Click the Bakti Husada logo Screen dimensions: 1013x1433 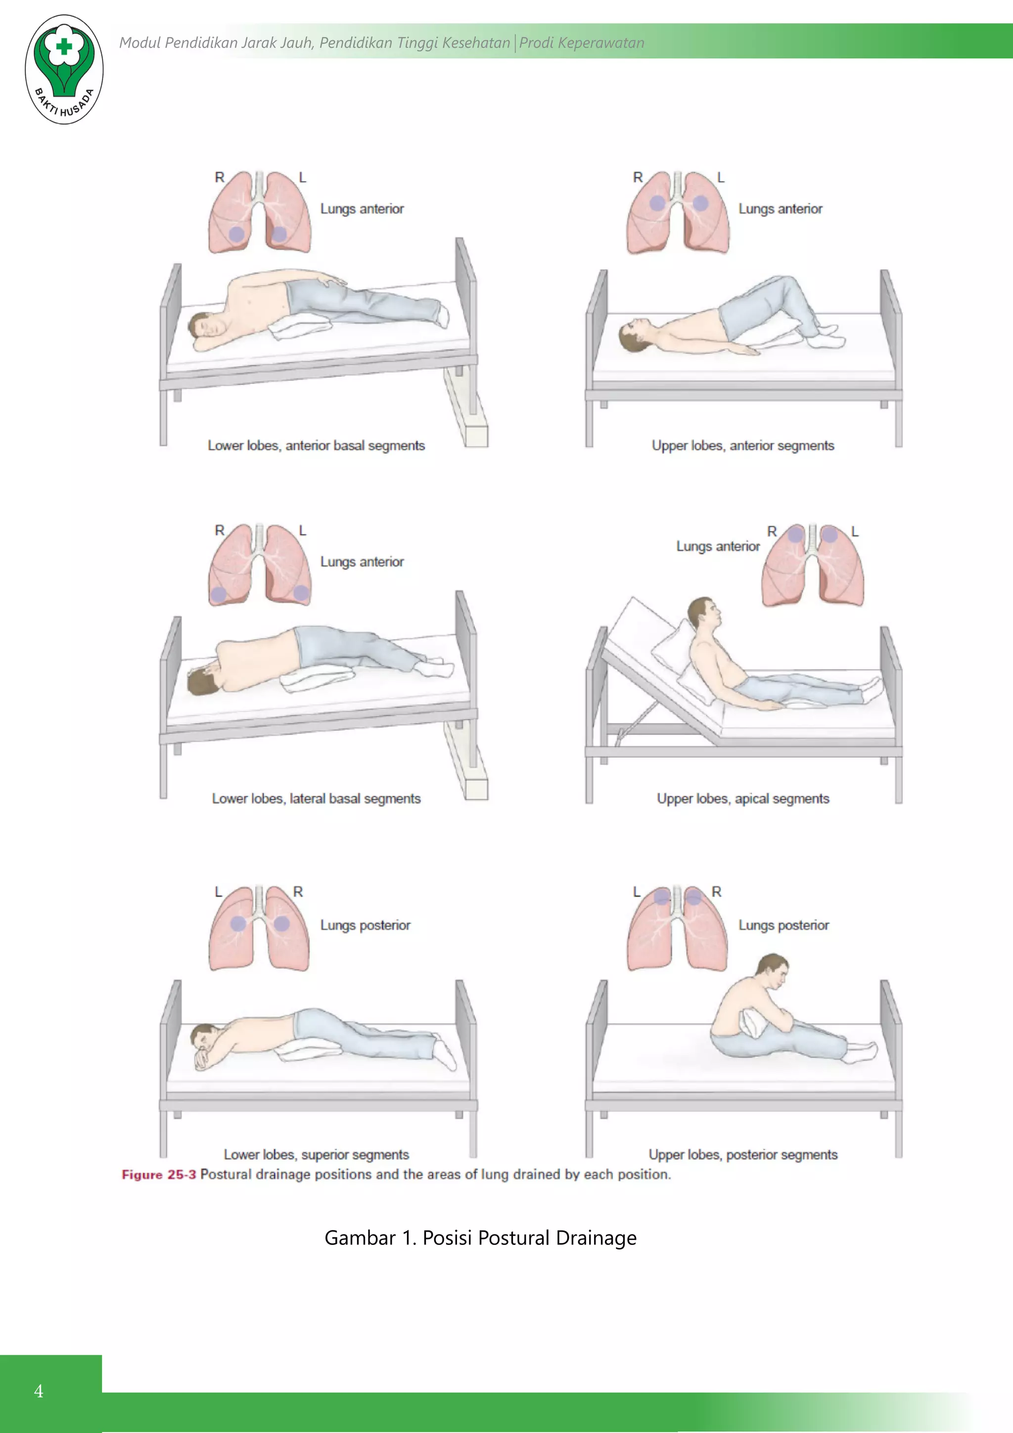64,69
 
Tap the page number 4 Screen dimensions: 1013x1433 39,1391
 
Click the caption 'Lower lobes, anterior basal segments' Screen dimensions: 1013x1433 316,446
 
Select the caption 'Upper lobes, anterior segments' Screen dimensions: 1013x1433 742,446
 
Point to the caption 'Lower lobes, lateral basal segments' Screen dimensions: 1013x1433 316,799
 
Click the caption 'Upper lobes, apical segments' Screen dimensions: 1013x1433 742,799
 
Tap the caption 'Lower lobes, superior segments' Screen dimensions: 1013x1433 316,1154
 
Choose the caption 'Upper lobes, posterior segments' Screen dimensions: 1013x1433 742,1154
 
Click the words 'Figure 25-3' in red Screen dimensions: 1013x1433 158,1175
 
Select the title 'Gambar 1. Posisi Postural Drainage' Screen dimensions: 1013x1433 480,1238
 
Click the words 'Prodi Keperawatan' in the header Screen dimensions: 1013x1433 581,43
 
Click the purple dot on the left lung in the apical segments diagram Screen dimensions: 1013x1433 829,535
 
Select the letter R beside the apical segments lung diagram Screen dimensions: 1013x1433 772,532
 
